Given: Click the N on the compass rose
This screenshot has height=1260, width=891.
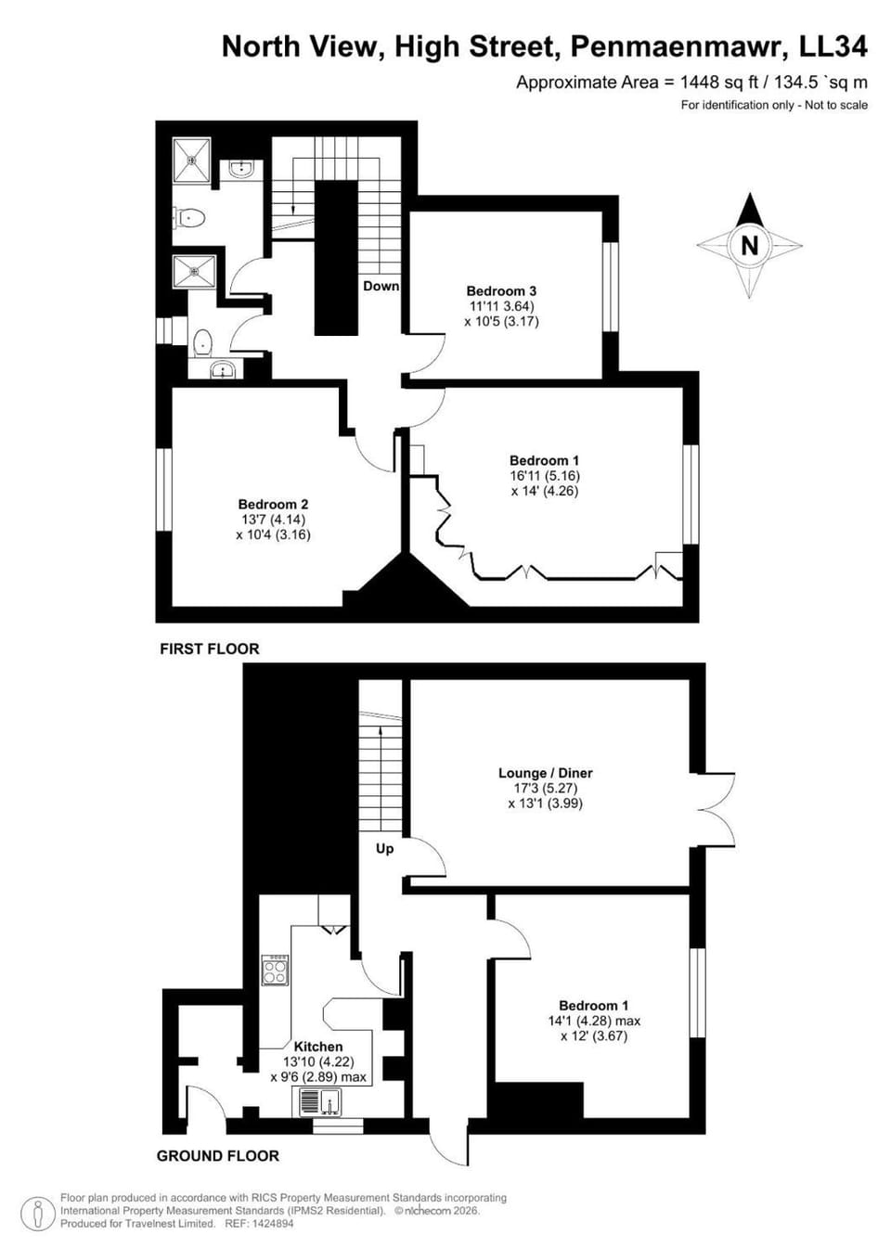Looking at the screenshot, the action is click(x=749, y=246).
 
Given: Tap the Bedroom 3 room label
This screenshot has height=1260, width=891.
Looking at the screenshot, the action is click(x=501, y=290).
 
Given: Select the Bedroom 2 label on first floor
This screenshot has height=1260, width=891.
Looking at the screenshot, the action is click(x=273, y=504).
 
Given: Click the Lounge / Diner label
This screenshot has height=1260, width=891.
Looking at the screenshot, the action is click(x=545, y=772).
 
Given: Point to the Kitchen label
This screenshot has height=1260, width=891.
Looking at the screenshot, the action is click(x=318, y=1047).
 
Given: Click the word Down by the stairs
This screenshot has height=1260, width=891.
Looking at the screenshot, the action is click(x=381, y=286).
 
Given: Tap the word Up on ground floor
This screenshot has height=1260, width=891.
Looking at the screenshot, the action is click(x=385, y=849).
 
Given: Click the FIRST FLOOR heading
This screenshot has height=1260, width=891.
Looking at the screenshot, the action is click(x=210, y=649).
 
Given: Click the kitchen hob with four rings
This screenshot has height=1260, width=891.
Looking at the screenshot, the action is click(x=275, y=971).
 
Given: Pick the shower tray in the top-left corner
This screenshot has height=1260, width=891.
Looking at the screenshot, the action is click(x=191, y=160).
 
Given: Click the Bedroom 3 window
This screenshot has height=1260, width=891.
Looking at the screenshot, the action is click(x=611, y=287).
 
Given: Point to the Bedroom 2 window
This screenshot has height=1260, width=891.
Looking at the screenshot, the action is click(x=163, y=489).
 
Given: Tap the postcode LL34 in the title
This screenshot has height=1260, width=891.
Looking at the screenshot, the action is click(x=833, y=46).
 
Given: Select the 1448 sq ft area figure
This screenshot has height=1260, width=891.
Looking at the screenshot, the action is click(x=719, y=83).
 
